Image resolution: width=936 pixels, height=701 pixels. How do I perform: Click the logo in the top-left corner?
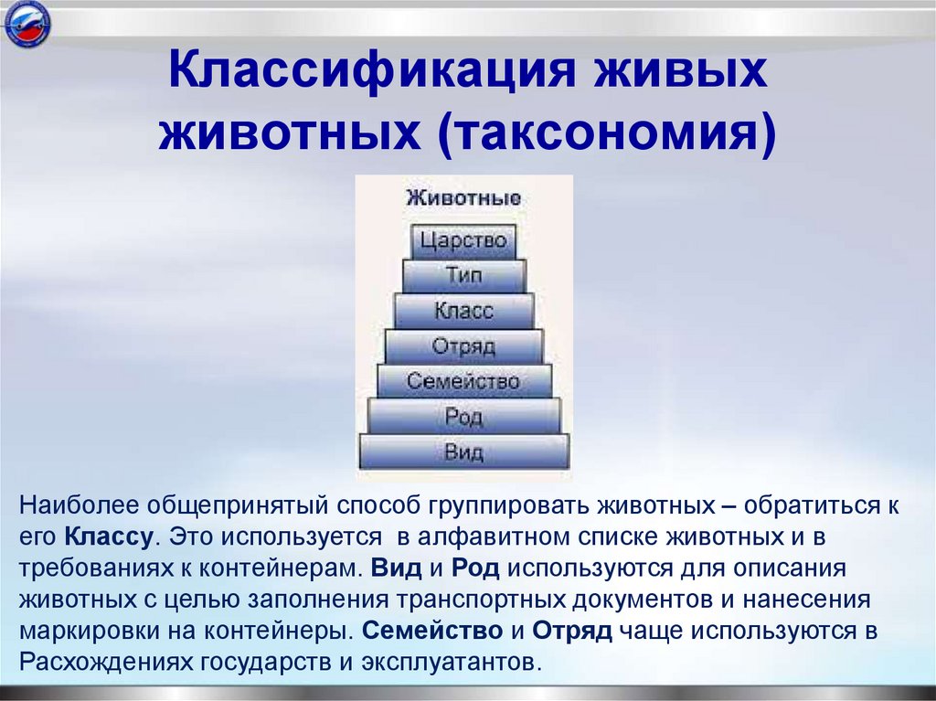pos(27,27)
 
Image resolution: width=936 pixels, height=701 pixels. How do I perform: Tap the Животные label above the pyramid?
pos(463,197)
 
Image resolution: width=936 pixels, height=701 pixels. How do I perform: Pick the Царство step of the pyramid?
pos(463,241)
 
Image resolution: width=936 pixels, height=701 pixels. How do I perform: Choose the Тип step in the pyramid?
pos(463,276)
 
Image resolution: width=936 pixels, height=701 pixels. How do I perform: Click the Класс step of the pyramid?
pos(463,311)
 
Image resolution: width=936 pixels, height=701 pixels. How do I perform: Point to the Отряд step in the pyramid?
pos(463,346)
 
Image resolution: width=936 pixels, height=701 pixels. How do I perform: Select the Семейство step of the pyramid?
pos(463,381)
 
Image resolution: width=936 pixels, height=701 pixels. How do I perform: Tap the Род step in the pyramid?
pos(463,417)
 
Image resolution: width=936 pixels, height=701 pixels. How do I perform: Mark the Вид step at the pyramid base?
pos(463,451)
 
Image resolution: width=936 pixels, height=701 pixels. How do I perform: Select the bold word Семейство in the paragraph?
pos(432,631)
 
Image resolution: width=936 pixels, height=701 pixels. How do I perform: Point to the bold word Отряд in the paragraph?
pos(572,631)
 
